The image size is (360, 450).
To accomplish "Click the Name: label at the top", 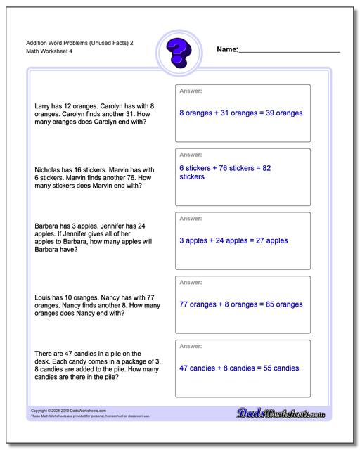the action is [228, 50].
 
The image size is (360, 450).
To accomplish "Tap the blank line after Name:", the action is [290, 51].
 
